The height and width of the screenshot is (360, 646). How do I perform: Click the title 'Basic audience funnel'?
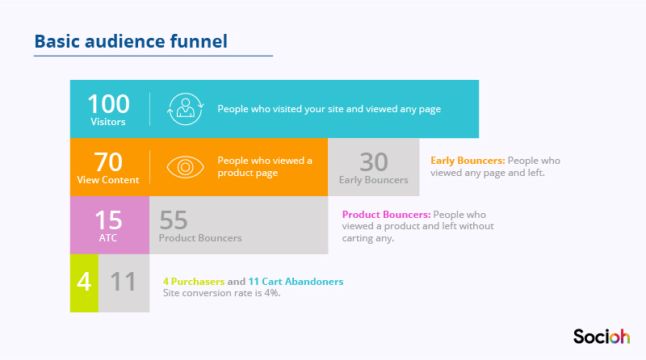point(131,42)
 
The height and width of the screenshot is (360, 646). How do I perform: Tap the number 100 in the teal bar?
point(108,103)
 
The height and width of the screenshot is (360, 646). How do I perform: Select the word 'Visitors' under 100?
point(108,122)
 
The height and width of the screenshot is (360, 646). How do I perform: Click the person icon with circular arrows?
point(186,109)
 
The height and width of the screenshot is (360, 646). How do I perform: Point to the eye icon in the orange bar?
point(186,167)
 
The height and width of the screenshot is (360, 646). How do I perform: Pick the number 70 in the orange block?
point(108,162)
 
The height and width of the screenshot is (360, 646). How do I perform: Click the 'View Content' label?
point(108,180)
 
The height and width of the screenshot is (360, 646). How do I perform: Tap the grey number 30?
point(374,162)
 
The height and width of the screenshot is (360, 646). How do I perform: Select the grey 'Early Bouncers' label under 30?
point(374,180)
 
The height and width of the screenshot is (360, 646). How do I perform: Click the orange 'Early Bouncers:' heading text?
point(468,161)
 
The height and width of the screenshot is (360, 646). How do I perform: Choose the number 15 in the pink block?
point(108,220)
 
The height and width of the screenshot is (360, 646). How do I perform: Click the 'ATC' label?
point(108,238)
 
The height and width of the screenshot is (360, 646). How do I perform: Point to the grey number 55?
point(174,220)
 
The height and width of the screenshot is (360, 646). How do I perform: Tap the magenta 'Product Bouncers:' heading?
point(387,215)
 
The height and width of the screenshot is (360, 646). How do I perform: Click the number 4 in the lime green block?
point(84,282)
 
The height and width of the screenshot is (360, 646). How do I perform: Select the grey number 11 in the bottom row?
point(123,282)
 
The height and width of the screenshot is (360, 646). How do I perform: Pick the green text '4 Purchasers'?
point(194,282)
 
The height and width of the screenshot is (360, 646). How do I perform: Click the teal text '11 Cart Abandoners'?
point(296,282)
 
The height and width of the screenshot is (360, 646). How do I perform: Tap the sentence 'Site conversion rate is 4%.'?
point(221,293)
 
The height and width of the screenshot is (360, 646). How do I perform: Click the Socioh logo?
point(602,336)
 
